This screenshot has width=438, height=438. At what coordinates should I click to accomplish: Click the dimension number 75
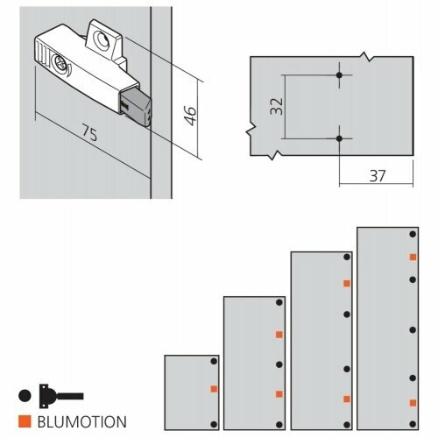89,132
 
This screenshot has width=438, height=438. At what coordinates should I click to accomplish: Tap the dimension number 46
191,116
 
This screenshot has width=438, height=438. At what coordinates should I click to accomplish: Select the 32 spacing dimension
277,106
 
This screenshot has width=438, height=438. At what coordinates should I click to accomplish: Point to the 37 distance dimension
378,176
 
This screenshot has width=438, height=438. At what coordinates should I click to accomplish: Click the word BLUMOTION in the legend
82,421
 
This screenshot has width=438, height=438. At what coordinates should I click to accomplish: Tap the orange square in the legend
25,421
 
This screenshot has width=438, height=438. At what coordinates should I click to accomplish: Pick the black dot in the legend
25,396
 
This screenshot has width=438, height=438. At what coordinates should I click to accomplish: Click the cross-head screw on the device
60,63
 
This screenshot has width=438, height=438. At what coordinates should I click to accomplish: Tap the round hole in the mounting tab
101,39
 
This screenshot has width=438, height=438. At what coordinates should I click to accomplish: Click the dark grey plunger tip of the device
137,107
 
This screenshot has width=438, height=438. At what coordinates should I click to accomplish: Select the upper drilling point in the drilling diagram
339,75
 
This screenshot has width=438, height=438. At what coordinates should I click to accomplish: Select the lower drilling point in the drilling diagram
339,138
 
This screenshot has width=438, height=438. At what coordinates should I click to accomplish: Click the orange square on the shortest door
214,389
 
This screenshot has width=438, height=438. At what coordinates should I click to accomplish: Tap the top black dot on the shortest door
214,361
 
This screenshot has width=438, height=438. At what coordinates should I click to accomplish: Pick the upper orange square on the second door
279,335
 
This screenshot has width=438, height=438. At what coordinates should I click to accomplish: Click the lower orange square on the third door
347,399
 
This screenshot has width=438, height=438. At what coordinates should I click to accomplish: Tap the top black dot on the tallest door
413,234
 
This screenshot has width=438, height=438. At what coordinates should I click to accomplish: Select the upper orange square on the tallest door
413,257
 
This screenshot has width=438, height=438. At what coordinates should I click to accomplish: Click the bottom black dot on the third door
347,425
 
